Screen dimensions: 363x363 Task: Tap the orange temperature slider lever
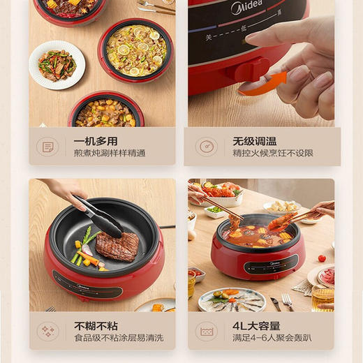(x=261, y=84)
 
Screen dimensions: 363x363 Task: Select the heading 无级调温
(x=255, y=141)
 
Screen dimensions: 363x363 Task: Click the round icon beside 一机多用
(x=48, y=147)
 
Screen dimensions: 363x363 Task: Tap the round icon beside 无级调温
(x=206, y=147)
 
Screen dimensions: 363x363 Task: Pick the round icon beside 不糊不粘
(x=48, y=331)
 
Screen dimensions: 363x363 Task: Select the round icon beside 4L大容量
(x=206, y=331)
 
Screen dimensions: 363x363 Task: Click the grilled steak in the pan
(x=117, y=246)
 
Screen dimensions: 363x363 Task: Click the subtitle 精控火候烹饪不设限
(x=273, y=153)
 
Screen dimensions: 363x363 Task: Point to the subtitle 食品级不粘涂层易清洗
(x=119, y=338)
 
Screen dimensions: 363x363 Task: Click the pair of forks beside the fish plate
(x=286, y=302)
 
